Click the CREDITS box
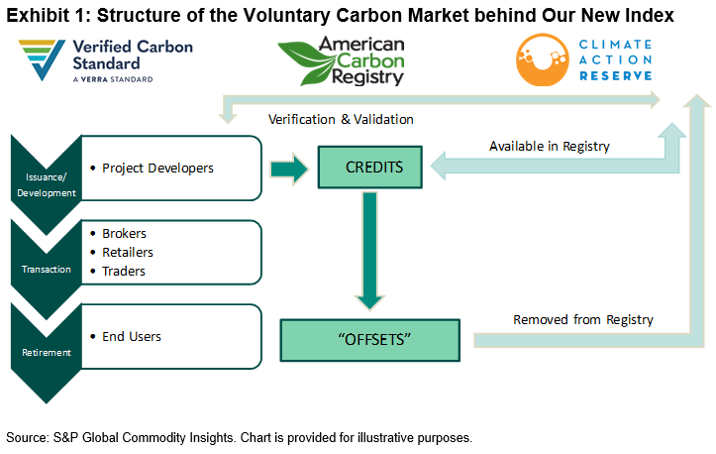pyautogui.click(x=374, y=167)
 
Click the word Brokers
pyautogui.click(x=124, y=233)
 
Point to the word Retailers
pyautogui.click(x=127, y=252)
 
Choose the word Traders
pyautogui.click(x=124, y=271)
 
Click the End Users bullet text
pyautogui.click(x=132, y=336)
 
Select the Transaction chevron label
pyautogui.click(x=46, y=268)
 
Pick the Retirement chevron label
pyautogui.click(x=46, y=352)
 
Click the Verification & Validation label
pyautogui.click(x=341, y=120)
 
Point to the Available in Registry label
pyautogui.click(x=550, y=146)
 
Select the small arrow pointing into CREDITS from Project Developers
pyautogui.click(x=289, y=167)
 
